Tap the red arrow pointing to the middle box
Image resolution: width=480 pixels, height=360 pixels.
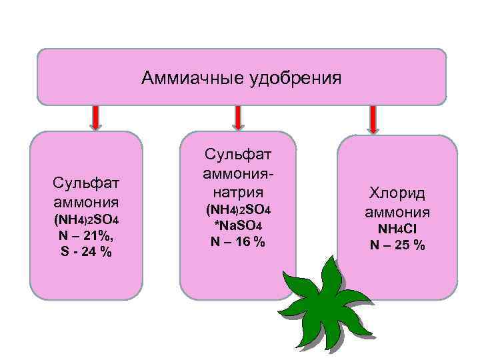click(x=237, y=117)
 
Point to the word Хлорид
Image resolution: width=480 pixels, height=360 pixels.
click(x=397, y=194)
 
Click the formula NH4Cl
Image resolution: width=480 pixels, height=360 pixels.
click(x=397, y=229)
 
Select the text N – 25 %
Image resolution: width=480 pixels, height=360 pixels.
click(x=397, y=245)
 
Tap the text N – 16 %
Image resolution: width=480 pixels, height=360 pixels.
click(x=237, y=242)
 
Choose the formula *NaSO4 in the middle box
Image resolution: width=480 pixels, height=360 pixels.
click(x=237, y=227)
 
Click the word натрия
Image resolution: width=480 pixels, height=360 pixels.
click(x=237, y=193)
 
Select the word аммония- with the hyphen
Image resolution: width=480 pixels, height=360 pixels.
click(x=237, y=174)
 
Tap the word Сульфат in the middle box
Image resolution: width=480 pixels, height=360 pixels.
click(x=237, y=155)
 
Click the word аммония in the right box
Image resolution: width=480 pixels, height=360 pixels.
click(x=397, y=213)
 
